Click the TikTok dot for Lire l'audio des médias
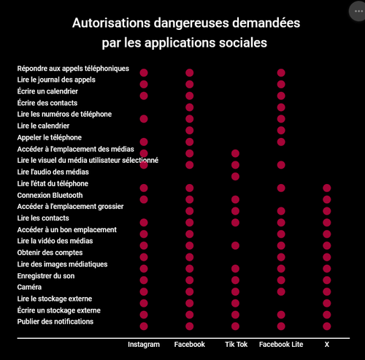[x=235, y=177]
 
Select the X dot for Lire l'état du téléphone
[x=327, y=188]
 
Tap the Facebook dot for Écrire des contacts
[x=190, y=107]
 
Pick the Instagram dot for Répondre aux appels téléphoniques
[x=144, y=73]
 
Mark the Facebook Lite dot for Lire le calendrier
[x=281, y=131]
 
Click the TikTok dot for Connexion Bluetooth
[x=235, y=199]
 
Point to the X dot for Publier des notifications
[x=327, y=326]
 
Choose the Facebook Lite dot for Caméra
[x=281, y=291]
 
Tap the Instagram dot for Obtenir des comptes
[x=144, y=257]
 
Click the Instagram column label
[x=144, y=345]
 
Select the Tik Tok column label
[x=236, y=344]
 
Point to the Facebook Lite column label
[x=281, y=344]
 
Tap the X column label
[x=327, y=345]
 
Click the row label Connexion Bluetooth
[x=50, y=195]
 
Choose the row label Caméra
[x=29, y=287]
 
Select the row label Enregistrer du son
[x=46, y=276]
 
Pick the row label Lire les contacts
[x=43, y=218]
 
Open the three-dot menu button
[x=358, y=11]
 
